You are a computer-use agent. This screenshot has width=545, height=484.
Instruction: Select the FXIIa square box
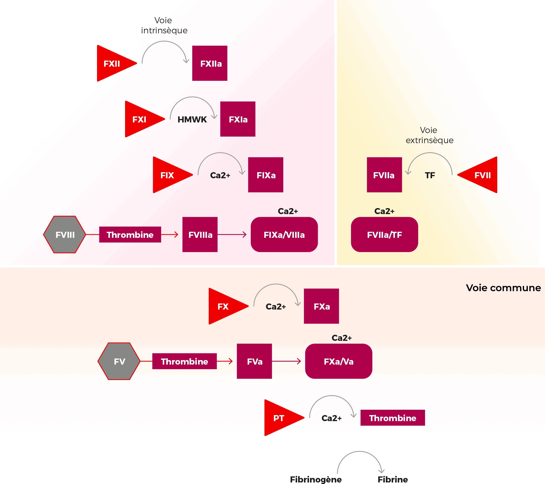[x=210, y=63]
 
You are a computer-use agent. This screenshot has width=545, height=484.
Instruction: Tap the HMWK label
[x=192, y=119]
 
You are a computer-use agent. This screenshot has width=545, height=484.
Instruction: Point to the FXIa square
[x=238, y=119]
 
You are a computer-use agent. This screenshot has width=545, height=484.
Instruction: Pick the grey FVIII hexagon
[x=65, y=235]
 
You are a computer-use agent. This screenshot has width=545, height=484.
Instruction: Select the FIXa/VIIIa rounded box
[x=284, y=235]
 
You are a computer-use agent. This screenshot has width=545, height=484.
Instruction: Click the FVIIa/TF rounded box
[x=384, y=235]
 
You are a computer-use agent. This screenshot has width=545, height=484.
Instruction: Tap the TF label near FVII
[x=430, y=175]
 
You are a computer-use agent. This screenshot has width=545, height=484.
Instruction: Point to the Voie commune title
[x=503, y=288]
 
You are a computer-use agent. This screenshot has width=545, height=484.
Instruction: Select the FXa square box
[x=321, y=306]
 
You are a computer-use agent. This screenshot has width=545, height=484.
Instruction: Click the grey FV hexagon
[x=119, y=362]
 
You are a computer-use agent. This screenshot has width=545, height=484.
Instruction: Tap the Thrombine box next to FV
[x=184, y=362]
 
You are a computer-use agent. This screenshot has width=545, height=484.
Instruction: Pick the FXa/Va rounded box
[x=339, y=362]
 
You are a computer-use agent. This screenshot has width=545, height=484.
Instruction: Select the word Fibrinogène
[x=316, y=479]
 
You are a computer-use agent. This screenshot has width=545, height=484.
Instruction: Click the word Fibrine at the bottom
[x=392, y=479]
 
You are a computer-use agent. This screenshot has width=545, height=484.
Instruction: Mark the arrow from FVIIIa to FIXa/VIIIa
[x=232, y=235]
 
